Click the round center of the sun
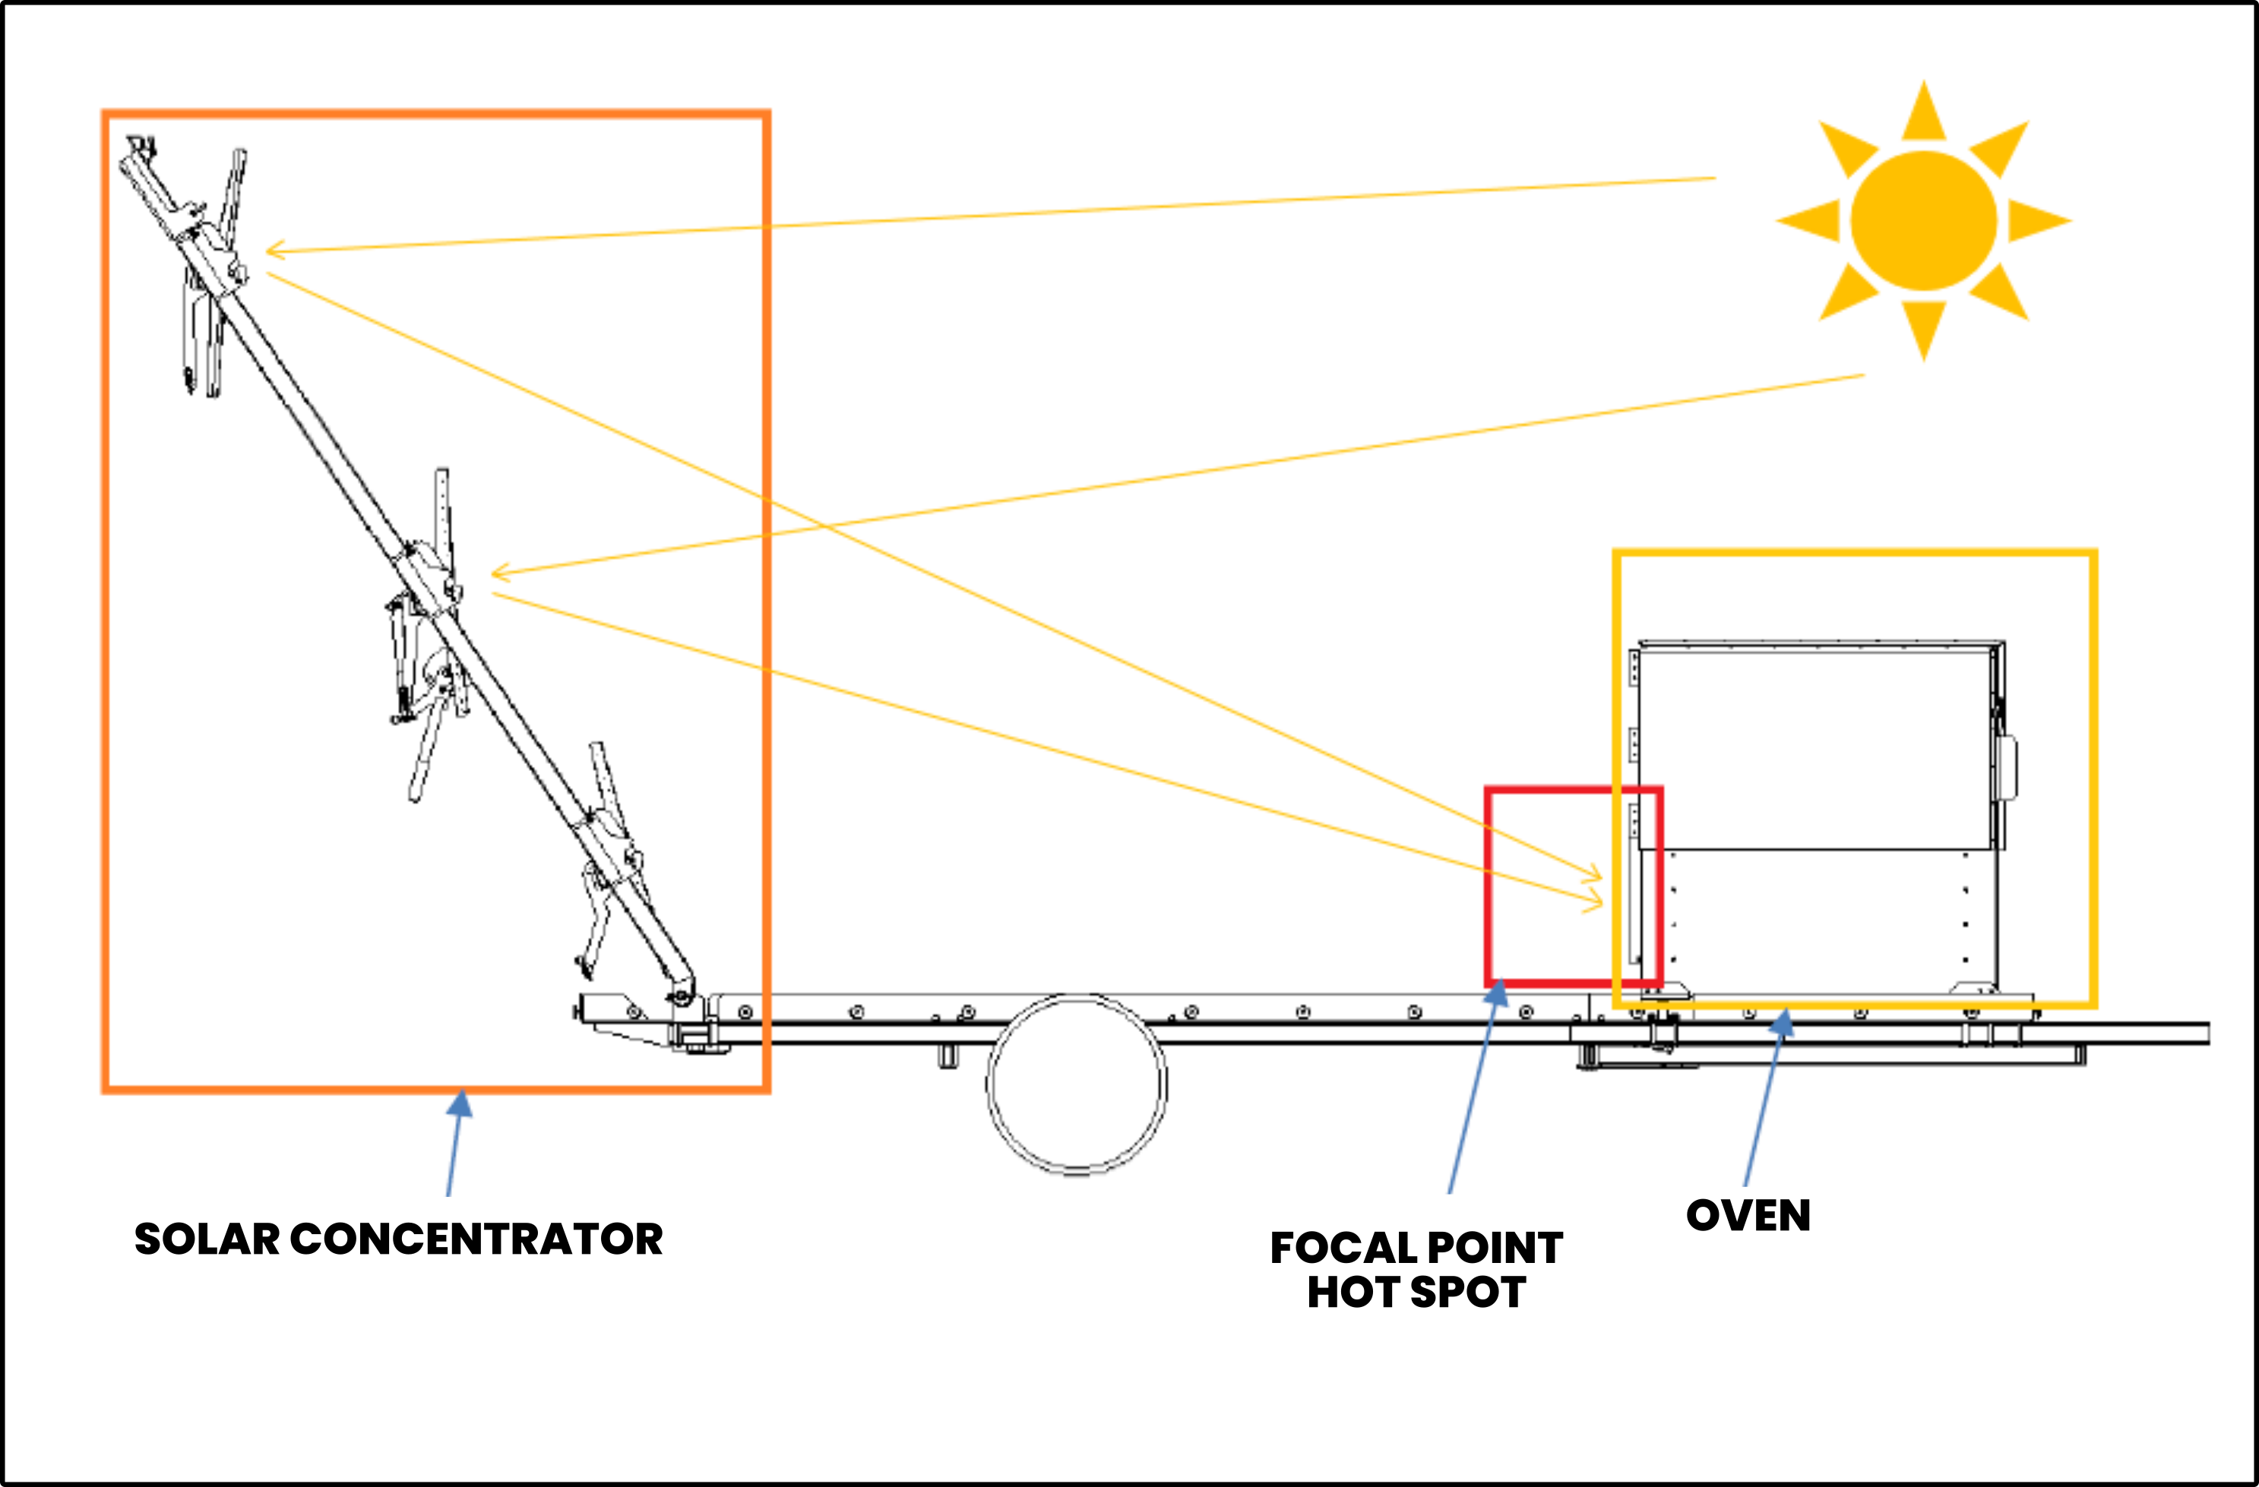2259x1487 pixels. point(1924,220)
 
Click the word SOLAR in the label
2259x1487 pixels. point(207,1239)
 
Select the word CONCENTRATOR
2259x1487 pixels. point(476,1239)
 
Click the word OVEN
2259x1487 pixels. point(1748,1216)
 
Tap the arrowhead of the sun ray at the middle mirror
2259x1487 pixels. point(499,571)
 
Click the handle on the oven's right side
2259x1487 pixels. point(2007,767)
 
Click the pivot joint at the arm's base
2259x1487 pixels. point(679,997)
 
